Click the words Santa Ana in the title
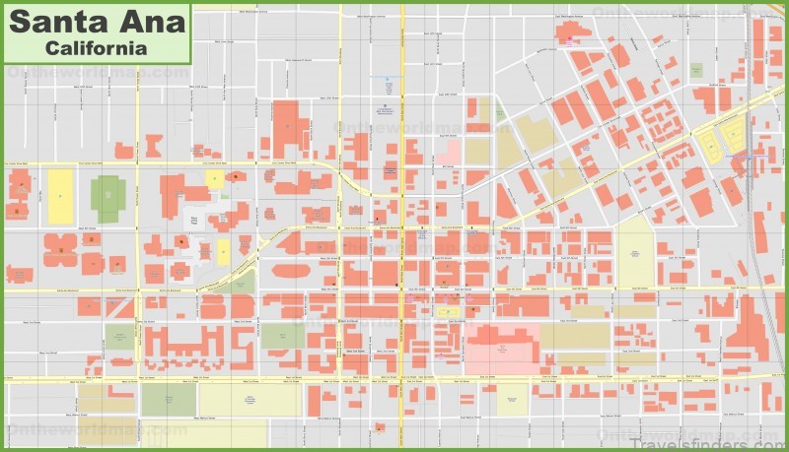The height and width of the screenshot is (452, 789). pyautogui.click(x=97, y=22)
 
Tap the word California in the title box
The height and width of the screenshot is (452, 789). pyautogui.click(x=97, y=47)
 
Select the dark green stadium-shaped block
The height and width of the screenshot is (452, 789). pyautogui.click(x=108, y=198)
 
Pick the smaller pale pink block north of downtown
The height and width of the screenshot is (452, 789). pyautogui.click(x=449, y=152)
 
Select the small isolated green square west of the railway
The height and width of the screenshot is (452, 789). pyautogui.click(x=696, y=71)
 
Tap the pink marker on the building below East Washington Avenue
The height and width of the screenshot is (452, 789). pyautogui.click(x=569, y=38)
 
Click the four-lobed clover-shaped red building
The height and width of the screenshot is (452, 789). pyautogui.click(x=60, y=250)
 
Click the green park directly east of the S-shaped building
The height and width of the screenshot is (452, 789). pyautogui.click(x=283, y=336)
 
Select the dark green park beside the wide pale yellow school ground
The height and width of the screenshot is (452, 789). pyautogui.click(x=168, y=399)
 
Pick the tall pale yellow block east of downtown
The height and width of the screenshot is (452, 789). pyautogui.click(x=635, y=251)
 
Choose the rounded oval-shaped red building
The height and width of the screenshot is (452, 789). pyautogui.click(x=291, y=270)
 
